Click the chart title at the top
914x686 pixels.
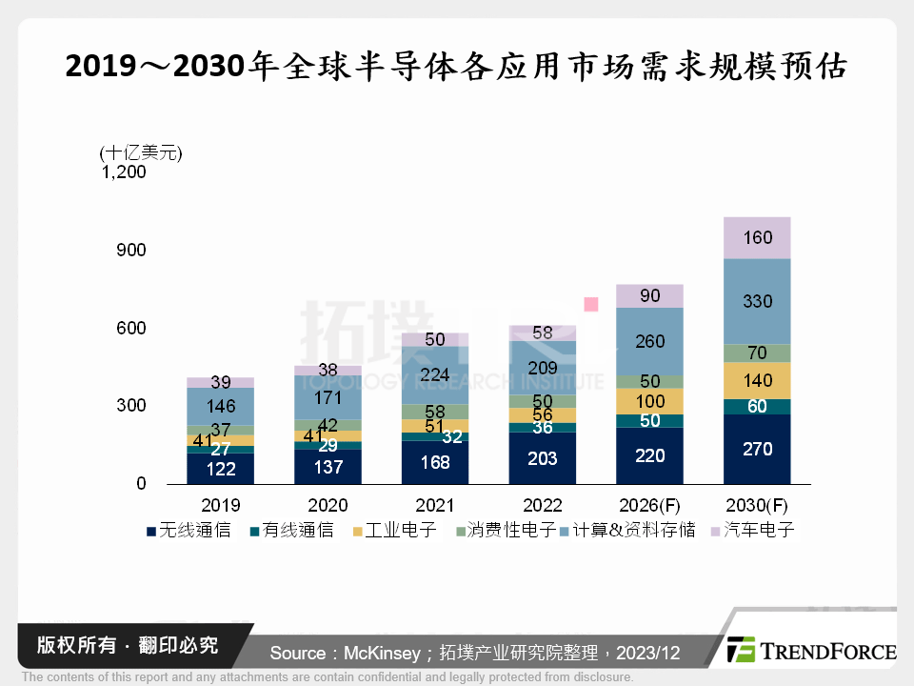click(456, 68)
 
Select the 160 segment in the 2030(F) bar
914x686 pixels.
click(757, 237)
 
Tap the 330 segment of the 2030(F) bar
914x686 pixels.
click(757, 301)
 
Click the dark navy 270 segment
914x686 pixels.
click(757, 449)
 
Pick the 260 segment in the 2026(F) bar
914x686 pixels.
click(649, 341)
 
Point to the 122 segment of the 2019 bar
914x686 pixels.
click(220, 468)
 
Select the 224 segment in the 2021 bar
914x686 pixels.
click(435, 373)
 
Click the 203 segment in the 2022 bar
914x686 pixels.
click(543, 458)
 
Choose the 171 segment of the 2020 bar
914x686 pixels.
click(328, 396)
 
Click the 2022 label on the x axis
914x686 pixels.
click(543, 505)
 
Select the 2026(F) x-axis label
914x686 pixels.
click(649, 505)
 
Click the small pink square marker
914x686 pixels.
click(591, 304)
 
